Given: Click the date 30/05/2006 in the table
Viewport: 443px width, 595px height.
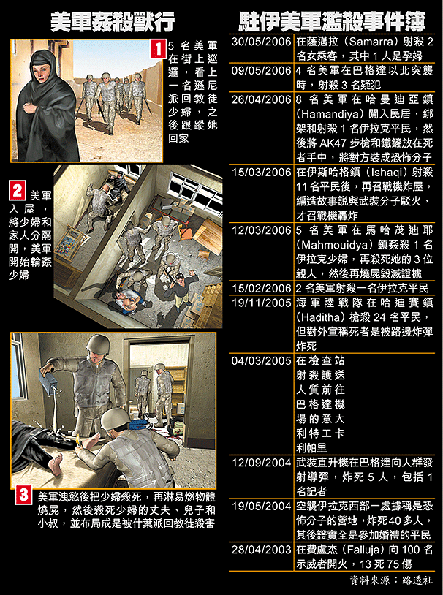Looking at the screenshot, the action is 261,42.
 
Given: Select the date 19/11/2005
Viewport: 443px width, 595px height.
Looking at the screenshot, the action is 261,303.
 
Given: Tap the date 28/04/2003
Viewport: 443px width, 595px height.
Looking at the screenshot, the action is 261,550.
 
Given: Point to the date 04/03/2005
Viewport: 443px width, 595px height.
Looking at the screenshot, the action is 261,360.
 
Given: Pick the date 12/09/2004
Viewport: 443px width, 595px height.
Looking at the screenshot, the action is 261,463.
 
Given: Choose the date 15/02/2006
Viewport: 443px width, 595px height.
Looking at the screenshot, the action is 261,289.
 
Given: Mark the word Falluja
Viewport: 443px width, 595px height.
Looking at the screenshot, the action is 357,550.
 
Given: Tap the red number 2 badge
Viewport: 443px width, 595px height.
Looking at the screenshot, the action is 17,191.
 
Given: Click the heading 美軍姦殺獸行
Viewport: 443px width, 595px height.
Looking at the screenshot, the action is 113,23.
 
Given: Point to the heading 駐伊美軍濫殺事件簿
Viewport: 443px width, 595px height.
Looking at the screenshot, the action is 332,22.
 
